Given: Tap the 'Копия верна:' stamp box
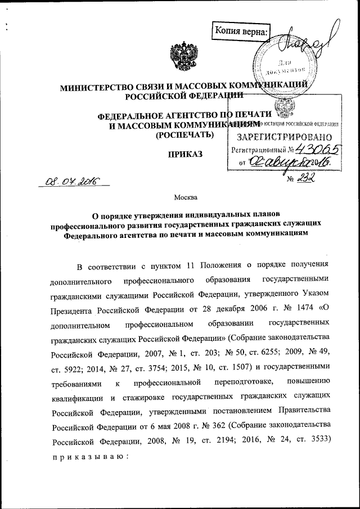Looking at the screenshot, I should (x=241, y=31).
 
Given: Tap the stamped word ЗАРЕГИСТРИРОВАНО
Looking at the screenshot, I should (x=283, y=137).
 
